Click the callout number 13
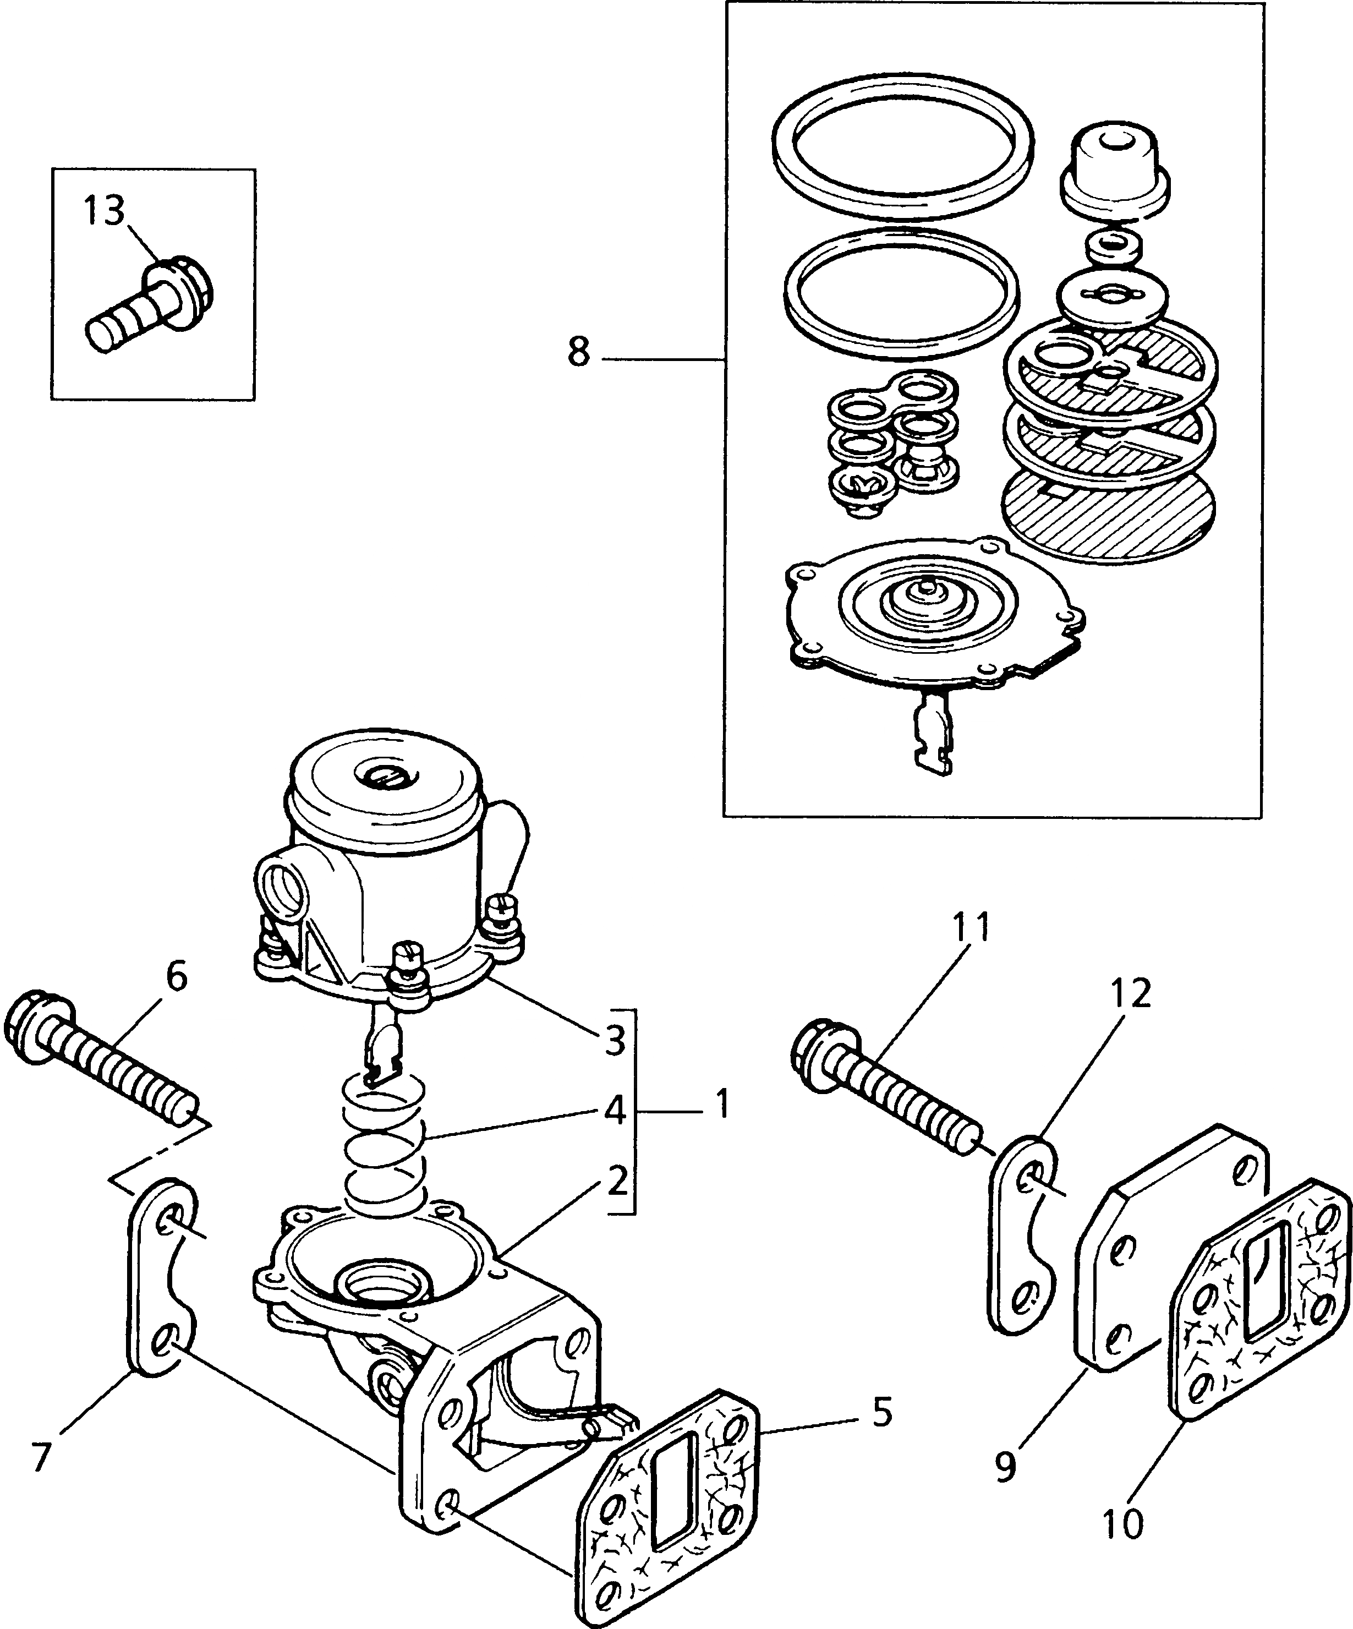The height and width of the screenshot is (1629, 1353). pyautogui.click(x=104, y=210)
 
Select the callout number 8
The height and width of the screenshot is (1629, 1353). pyautogui.click(x=578, y=353)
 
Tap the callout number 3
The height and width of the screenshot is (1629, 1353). pyautogui.click(x=615, y=1041)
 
